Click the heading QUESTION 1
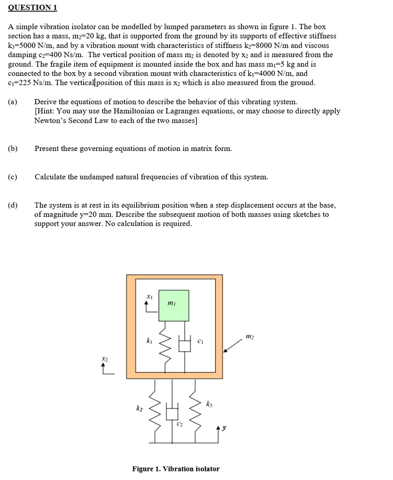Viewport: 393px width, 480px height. tap(32, 8)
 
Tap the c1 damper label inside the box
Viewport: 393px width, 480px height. tap(200, 341)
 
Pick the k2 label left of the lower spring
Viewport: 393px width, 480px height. tap(139, 409)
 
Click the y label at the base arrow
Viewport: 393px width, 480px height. tap(224, 427)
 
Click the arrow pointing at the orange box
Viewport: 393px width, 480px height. tap(233, 346)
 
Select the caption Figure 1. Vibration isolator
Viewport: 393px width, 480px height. tap(176, 469)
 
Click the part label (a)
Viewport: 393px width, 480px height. tap(13, 102)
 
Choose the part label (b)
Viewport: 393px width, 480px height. tap(13, 149)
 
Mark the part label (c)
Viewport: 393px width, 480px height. tap(13, 177)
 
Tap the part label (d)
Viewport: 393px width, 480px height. tap(13, 205)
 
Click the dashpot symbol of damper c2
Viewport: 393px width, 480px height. tap(172, 413)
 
